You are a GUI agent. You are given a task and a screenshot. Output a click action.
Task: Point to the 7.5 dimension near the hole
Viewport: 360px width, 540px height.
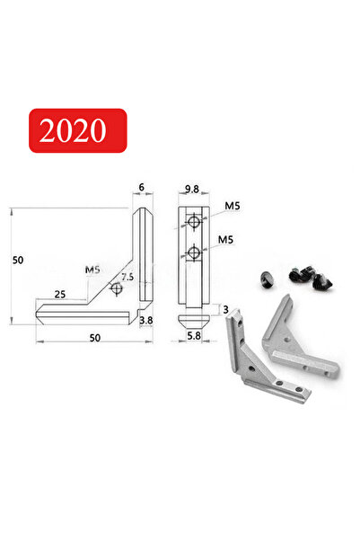(127, 279)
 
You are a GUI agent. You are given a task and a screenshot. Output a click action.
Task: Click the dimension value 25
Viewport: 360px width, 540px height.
(58, 294)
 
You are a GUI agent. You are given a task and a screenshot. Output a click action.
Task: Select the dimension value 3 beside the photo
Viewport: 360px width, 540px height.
(226, 310)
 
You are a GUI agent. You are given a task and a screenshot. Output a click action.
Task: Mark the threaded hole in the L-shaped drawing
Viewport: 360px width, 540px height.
(114, 289)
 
